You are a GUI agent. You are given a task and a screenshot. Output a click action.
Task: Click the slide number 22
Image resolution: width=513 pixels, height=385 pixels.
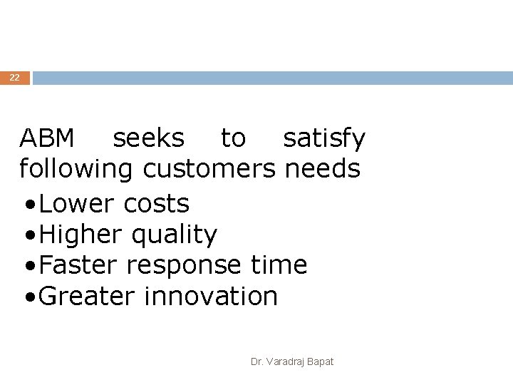(14, 78)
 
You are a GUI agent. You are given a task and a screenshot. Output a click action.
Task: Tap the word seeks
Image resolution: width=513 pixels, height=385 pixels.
(148, 138)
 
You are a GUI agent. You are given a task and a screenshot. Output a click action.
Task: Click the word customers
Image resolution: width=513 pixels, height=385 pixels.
(209, 170)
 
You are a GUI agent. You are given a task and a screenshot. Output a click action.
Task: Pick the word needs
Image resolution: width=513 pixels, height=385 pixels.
(322, 170)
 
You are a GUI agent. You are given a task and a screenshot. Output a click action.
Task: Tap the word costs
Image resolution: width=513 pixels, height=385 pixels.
(156, 205)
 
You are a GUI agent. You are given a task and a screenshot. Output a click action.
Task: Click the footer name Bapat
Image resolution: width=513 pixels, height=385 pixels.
(320, 362)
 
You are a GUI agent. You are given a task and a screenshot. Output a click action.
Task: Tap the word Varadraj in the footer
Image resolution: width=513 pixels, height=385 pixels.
(285, 362)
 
